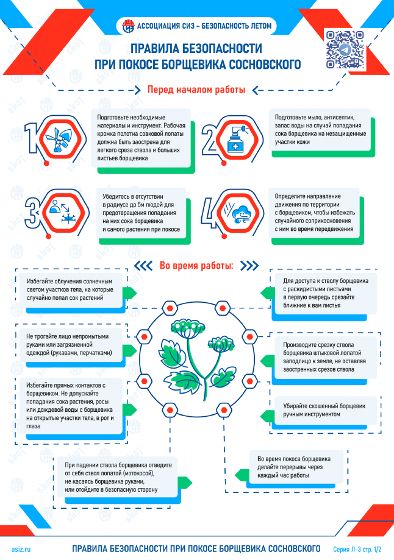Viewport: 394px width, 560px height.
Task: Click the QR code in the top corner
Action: [345, 49]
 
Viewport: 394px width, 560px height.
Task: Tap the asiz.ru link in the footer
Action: [21, 549]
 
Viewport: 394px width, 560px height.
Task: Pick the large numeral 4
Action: [209, 213]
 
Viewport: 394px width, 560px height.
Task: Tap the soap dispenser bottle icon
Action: [237, 140]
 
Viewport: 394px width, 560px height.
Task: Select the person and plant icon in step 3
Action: [63, 213]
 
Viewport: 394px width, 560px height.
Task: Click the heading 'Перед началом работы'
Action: [196, 90]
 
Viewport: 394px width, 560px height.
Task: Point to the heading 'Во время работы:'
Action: [196, 266]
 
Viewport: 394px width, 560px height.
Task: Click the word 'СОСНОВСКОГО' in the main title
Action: [265, 64]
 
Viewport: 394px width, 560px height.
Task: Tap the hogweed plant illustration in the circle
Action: [196, 359]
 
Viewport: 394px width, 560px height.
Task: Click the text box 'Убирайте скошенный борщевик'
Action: [325, 410]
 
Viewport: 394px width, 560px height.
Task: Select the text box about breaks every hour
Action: [296, 467]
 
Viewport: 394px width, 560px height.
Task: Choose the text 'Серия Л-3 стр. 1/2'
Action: [357, 549]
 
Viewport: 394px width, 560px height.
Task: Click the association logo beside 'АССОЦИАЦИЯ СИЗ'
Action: [128, 26]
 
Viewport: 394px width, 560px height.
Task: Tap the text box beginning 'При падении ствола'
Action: [118, 477]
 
